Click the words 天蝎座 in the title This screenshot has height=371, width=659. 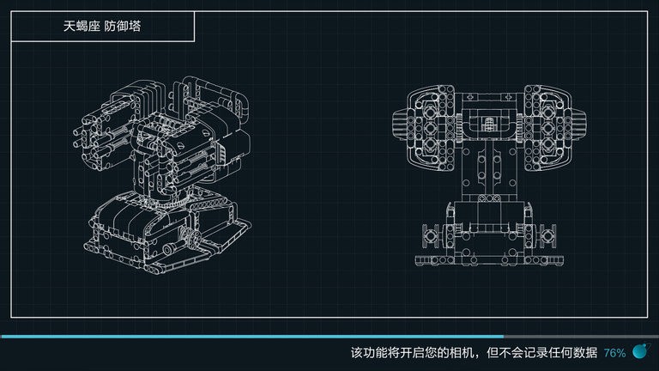coord(82,27)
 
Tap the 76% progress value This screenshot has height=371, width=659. coord(614,352)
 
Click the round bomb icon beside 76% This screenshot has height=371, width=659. coord(639,350)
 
